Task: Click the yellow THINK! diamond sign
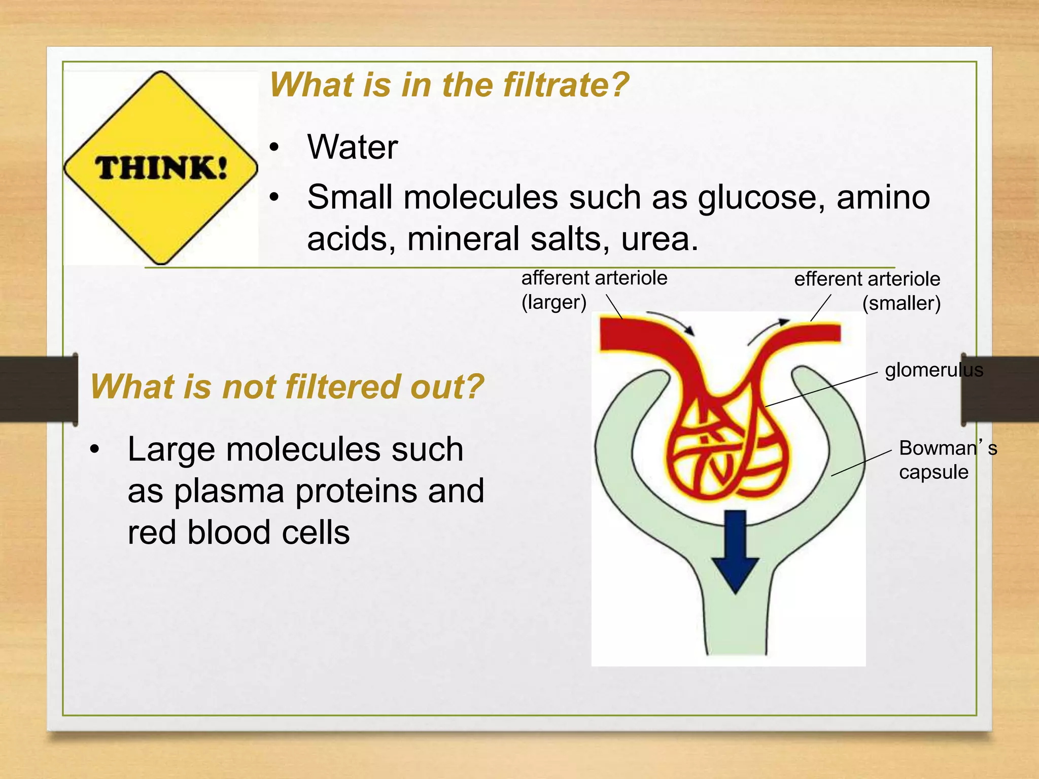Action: click(x=160, y=167)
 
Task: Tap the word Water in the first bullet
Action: click(x=352, y=147)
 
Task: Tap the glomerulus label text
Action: click(x=933, y=370)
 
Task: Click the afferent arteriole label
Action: click(x=594, y=278)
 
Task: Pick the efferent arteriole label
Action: click(x=867, y=279)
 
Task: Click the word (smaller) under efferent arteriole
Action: click(x=901, y=303)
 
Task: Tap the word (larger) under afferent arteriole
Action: click(x=553, y=302)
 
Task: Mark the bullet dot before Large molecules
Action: click(x=94, y=449)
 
